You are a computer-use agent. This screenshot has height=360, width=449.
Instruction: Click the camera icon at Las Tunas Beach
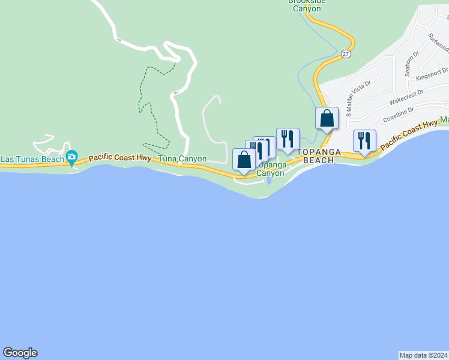72,157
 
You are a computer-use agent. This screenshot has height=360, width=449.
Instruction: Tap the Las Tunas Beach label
32,159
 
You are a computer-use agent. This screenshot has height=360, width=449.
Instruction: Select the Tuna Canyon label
182,159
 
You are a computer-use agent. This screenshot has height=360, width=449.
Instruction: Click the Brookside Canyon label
307,5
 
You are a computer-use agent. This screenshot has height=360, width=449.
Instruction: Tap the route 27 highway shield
346,53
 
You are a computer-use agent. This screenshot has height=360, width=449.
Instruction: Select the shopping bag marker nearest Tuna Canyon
244,160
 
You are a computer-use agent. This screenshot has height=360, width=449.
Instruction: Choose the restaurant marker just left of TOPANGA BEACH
288,139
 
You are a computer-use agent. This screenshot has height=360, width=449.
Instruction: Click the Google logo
20,353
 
